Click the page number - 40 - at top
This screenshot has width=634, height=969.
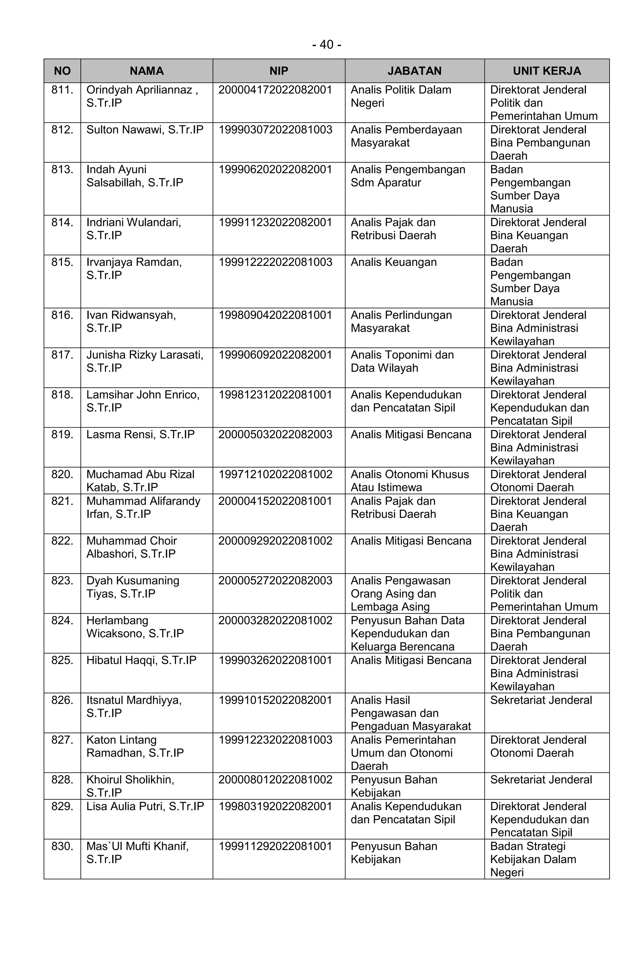pyautogui.click(x=326, y=44)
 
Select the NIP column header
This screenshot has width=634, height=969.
pyautogui.click(x=278, y=71)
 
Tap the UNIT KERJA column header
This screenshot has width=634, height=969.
pyautogui.click(x=546, y=71)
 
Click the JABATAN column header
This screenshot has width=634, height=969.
pyautogui.click(x=414, y=71)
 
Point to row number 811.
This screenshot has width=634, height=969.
pyautogui.click(x=62, y=90)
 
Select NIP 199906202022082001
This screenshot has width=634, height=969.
pyautogui.click(x=276, y=169)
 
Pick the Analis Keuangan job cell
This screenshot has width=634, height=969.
pyautogui.click(x=393, y=262)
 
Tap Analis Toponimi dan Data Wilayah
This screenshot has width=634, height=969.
pyautogui.click(x=402, y=361)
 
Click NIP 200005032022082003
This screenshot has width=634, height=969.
pyautogui.click(x=276, y=434)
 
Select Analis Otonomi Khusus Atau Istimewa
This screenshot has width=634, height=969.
pyautogui.click(x=410, y=480)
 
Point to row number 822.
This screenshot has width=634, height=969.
pyautogui.click(x=62, y=541)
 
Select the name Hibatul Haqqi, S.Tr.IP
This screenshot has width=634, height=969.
pyautogui.click(x=141, y=660)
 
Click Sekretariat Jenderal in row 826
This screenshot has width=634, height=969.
pyautogui.click(x=541, y=700)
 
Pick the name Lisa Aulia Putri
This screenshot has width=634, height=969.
pyautogui.click(x=145, y=806)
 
